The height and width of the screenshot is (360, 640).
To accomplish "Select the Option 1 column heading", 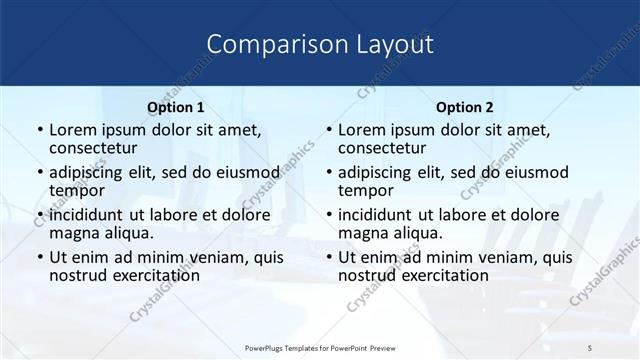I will [175, 107].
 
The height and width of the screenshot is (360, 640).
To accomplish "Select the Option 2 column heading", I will [464, 107].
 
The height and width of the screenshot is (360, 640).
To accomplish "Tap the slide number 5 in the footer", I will [590, 346].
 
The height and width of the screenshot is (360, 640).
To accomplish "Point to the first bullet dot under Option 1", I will [39, 131].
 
